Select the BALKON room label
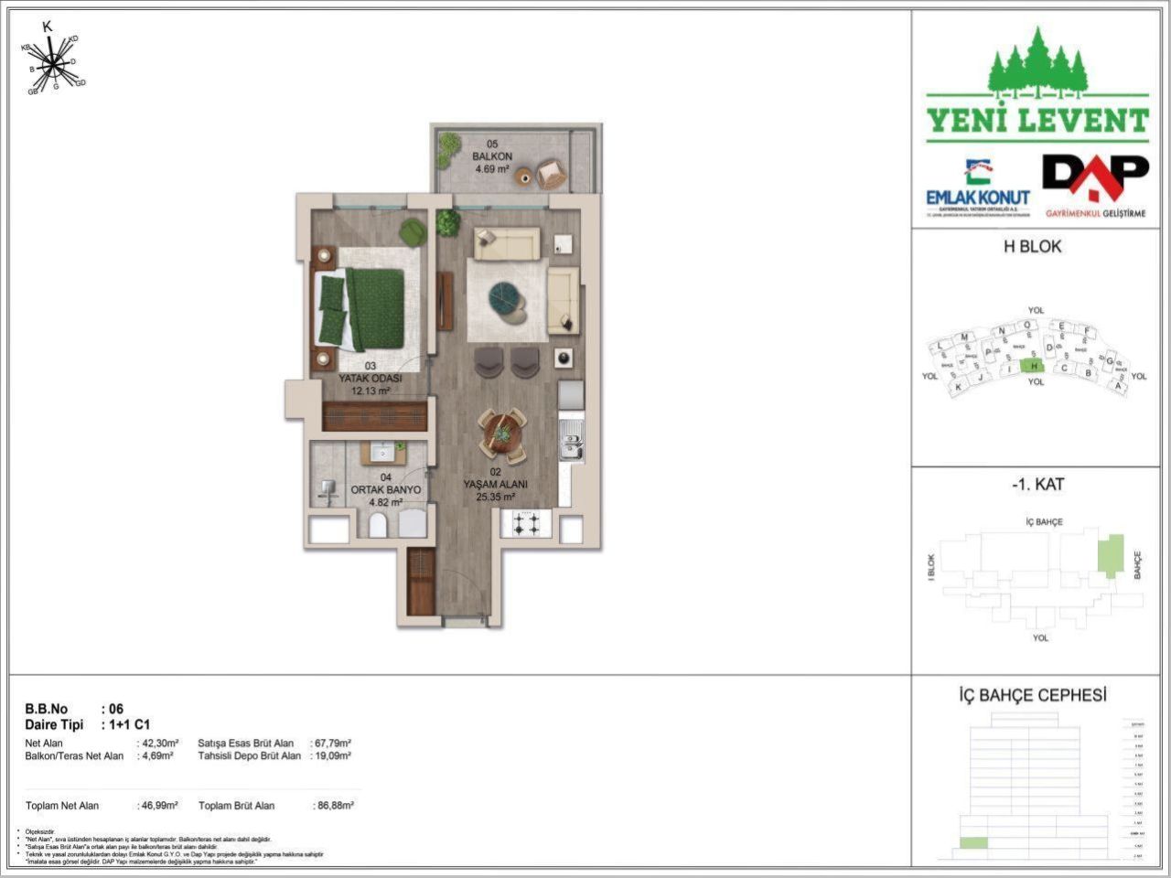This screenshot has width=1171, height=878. coord(492,156)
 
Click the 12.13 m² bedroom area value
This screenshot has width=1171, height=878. coord(371,391)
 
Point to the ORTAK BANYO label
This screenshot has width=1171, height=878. coord(386,490)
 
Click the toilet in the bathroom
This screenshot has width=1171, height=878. coord(377,524)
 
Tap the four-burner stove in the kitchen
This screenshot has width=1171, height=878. coord(526,524)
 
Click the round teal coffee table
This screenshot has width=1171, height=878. coord(505,298)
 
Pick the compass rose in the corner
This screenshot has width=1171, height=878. coord(53,64)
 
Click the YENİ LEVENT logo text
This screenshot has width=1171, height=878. coord(1037,121)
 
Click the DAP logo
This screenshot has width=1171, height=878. coord(1095,181)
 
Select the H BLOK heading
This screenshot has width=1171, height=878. coord(1032,246)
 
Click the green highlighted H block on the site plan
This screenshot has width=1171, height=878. coord(1033,366)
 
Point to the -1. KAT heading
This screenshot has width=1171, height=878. coord(1037,485)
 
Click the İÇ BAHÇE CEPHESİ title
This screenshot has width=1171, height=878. coord(1032,695)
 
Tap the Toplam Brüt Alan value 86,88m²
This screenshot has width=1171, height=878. coord(334,806)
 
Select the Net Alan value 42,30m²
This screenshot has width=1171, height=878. coord(158,744)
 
